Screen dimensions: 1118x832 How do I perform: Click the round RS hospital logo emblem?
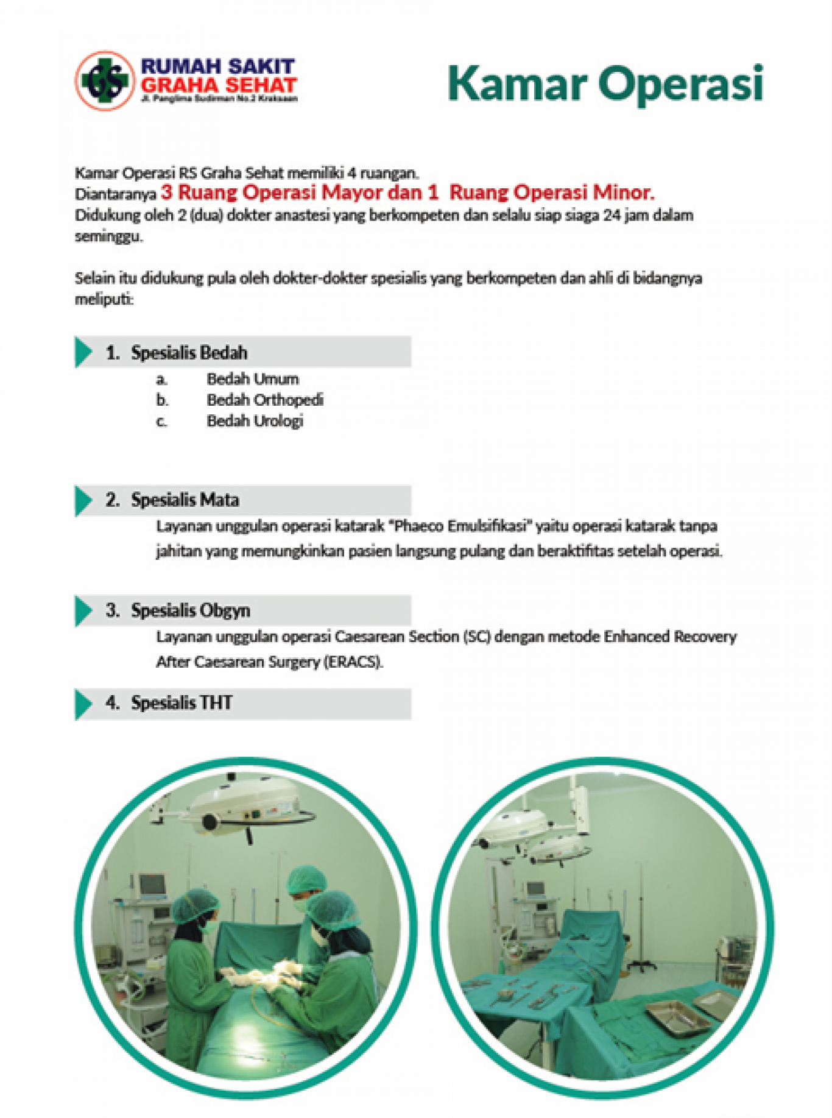[105, 80]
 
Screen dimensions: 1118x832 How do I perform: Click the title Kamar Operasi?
[605, 83]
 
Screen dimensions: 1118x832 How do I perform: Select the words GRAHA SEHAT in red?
[219, 85]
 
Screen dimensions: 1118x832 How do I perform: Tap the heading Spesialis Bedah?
[189, 353]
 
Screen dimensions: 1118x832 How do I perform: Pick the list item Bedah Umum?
[252, 379]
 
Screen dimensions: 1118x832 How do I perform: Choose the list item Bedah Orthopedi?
[264, 400]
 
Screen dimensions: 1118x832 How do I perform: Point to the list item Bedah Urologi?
[255, 421]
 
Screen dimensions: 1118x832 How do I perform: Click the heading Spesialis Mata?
[185, 500]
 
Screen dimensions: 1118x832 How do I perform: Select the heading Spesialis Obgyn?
[190, 610]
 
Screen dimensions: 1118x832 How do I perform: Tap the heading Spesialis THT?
[182, 703]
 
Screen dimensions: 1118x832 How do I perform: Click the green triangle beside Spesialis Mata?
[83, 501]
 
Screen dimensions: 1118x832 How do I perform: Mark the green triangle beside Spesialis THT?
[83, 704]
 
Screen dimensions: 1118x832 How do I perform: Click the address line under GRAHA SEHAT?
[219, 98]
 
